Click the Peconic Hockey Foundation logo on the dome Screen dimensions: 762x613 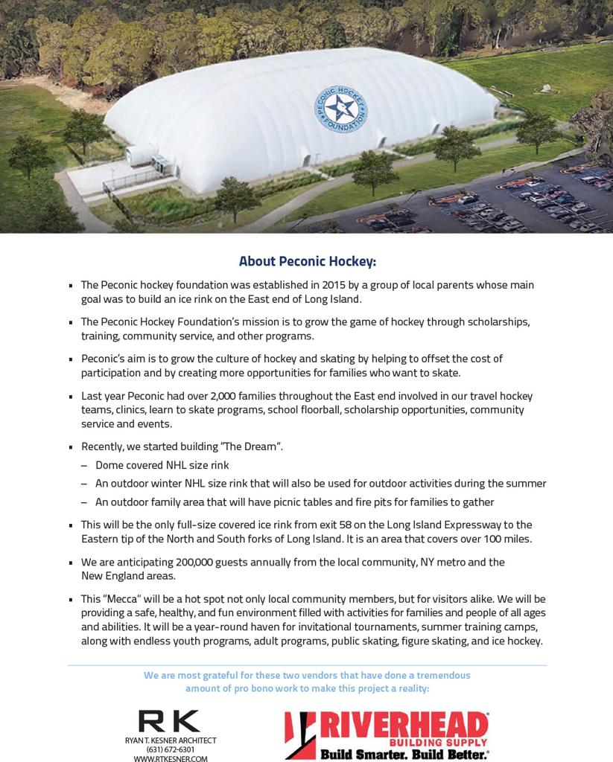click(340, 109)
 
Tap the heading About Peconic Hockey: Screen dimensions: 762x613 click(307, 261)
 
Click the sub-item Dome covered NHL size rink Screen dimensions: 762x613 click(162, 465)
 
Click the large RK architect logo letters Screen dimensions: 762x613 click(170, 721)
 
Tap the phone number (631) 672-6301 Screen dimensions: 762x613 click(171, 749)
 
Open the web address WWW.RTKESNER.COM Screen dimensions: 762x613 click(171, 759)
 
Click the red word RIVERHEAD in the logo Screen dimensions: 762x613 click(403, 725)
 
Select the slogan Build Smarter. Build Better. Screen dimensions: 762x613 click(404, 755)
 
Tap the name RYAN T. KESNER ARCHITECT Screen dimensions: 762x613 click(171, 740)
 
